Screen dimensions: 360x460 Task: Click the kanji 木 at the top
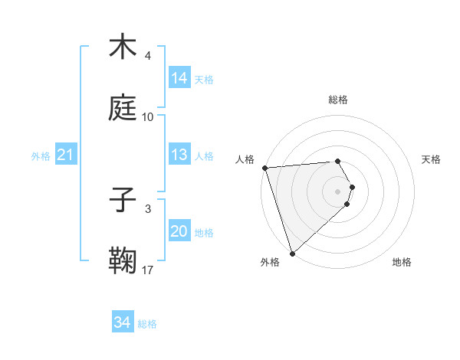[x=123, y=47]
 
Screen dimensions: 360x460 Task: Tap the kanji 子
[x=123, y=200]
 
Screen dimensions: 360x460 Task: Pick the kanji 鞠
[x=123, y=260]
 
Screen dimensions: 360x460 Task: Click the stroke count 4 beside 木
[x=148, y=56]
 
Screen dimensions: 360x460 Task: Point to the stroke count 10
[x=148, y=117]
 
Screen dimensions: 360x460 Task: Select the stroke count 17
[x=148, y=270]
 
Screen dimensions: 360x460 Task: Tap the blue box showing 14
[x=179, y=78]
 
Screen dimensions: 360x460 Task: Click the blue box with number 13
[x=179, y=155]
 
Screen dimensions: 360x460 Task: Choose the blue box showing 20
[x=179, y=231]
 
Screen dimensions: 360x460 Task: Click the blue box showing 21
[x=66, y=155]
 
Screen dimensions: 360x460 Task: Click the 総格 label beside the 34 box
[x=148, y=324]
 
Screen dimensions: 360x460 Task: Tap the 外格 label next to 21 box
[x=41, y=156]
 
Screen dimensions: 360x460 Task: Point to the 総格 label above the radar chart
[x=338, y=100]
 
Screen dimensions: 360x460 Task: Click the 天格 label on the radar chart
[x=432, y=159]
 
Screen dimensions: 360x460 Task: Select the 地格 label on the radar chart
[x=402, y=262]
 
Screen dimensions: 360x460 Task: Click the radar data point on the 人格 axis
[x=264, y=168]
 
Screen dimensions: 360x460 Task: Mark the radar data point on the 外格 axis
[x=292, y=253]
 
